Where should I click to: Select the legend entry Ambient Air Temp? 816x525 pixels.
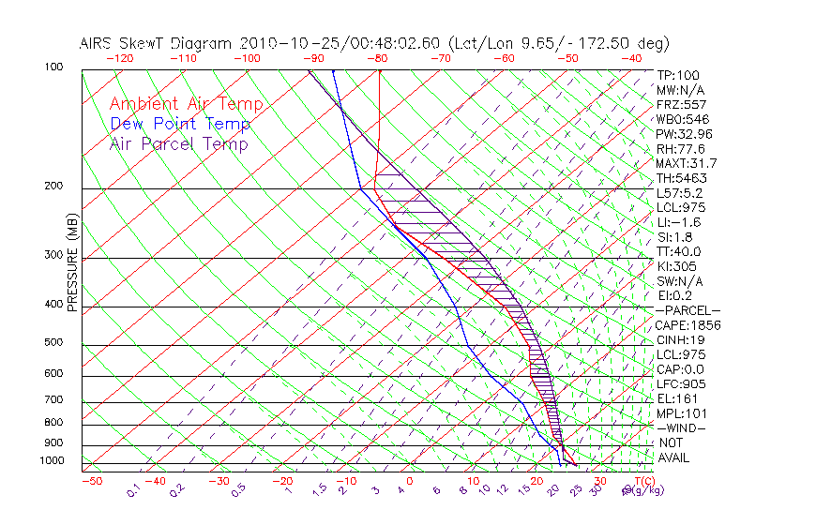pyautogui.click(x=186, y=104)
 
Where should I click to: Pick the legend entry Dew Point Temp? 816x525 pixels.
pyautogui.click(x=180, y=124)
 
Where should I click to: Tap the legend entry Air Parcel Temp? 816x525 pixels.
pyautogui.click(x=179, y=143)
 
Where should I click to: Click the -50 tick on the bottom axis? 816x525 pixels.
pyautogui.click(x=91, y=481)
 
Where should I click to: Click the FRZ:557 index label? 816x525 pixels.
pyautogui.click(x=682, y=104)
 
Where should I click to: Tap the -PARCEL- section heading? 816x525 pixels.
pyautogui.click(x=688, y=310)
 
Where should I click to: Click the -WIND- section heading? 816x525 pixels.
pyautogui.click(x=682, y=427)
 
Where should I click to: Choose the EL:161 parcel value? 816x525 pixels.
pyautogui.click(x=677, y=398)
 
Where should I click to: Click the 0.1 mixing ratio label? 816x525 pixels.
pyautogui.click(x=134, y=490)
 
